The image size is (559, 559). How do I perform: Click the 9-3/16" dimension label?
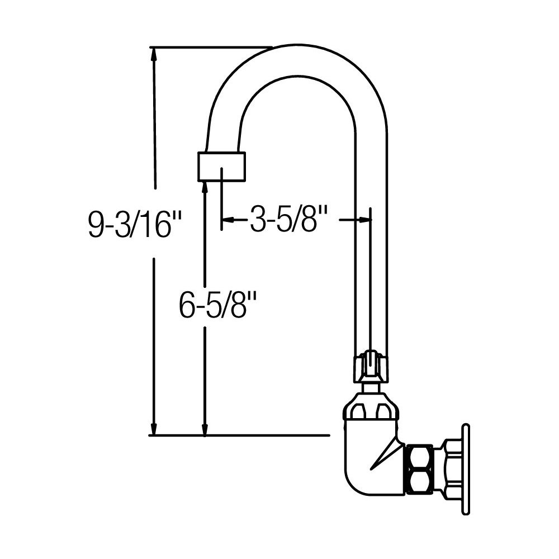(x=135, y=225)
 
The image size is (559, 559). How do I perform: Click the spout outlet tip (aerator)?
(x=222, y=166)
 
